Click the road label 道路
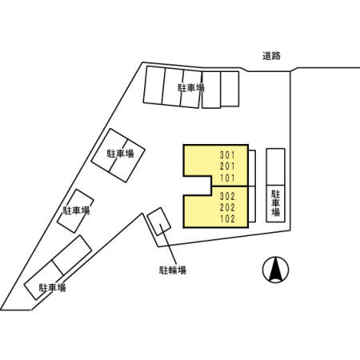pyautogui.click(x=271, y=56)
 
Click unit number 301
pyautogui.click(x=227, y=154)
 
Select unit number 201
pyautogui.click(x=227, y=166)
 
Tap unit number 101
pyautogui.click(x=227, y=178)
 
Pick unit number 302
pyautogui.click(x=227, y=196)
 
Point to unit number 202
pyautogui.click(x=227, y=207)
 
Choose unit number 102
pyautogui.click(x=227, y=219)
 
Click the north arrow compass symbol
pyautogui.click(x=276, y=270)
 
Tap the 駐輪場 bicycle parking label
pyautogui.click(x=173, y=270)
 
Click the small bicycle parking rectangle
pyautogui.click(x=159, y=222)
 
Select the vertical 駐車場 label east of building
pyautogui.click(x=276, y=203)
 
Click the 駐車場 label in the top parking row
pyautogui.click(x=191, y=88)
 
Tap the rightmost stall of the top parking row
pyautogui.click(x=230, y=89)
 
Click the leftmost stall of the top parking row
pyautogui.click(x=154, y=85)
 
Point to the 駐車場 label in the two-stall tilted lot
pyautogui.click(x=120, y=154)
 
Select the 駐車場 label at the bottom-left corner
pyautogui.click(x=52, y=288)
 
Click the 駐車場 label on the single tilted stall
pyautogui.click(x=76, y=210)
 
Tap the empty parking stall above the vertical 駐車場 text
pyautogui.click(x=276, y=167)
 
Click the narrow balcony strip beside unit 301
pyautogui.click(x=252, y=168)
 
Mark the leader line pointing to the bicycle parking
pyautogui.click(x=169, y=245)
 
